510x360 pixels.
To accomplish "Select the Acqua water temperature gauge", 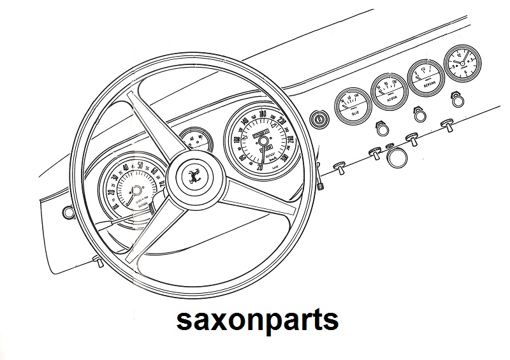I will [388, 91].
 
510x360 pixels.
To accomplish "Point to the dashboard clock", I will [462, 64].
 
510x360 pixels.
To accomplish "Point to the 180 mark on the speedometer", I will [263, 113].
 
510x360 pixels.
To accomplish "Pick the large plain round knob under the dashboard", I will [399, 157].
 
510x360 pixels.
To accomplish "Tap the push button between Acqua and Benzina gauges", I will [418, 114].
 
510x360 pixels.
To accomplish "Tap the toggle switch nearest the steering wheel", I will [340, 168].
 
